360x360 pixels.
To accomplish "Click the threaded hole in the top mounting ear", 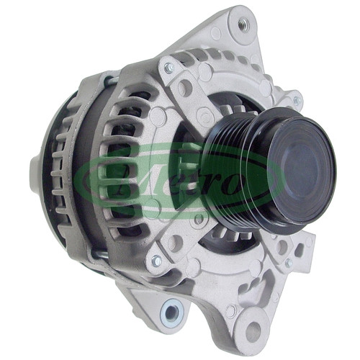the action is coord(243,24).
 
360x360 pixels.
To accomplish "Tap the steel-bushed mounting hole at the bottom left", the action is coord(171,312).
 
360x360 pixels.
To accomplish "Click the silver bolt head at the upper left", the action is coord(168,68).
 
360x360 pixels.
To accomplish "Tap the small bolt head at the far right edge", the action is coord(297,100).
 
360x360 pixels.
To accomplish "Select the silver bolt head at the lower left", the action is coord(156,261).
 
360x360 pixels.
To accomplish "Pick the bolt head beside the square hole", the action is coord(289,263).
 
